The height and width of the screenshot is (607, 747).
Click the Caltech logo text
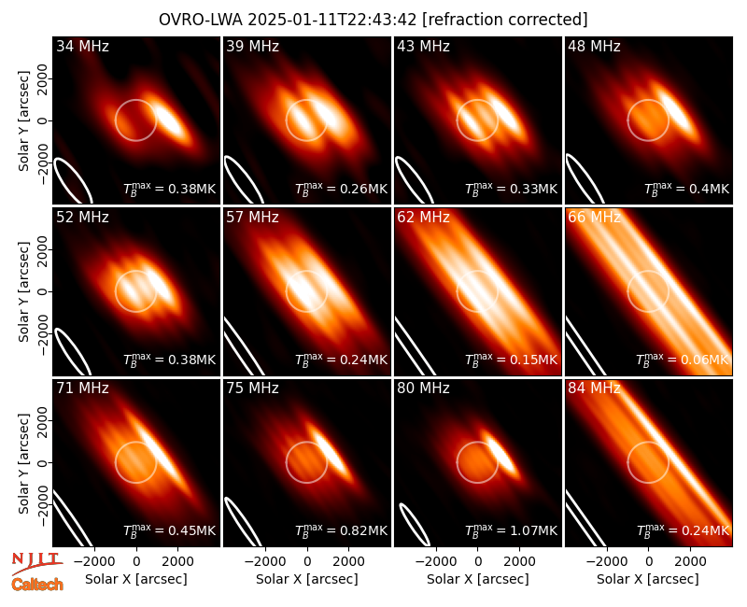[x=37, y=585]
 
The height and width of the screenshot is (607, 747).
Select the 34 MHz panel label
[x=82, y=46]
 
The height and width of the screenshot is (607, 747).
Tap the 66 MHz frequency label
[x=594, y=218]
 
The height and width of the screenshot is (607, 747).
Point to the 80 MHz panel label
[x=423, y=388]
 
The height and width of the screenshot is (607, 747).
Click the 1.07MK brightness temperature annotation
[x=511, y=529]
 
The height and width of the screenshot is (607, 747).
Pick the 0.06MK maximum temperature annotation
[x=683, y=359]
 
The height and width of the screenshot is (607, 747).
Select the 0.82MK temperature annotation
[x=341, y=529]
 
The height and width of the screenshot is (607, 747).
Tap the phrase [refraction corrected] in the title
[x=505, y=20]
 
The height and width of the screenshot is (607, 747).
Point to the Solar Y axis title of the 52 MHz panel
[x=23, y=291]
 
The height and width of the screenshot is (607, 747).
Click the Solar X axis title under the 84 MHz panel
[x=648, y=579]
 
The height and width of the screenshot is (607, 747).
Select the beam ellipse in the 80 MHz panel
[x=414, y=524]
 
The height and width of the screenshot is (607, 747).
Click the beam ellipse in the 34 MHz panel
[x=73, y=181]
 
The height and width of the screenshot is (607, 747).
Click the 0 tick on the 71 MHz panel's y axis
[x=43, y=462]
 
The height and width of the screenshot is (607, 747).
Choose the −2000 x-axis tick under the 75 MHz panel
[x=266, y=561]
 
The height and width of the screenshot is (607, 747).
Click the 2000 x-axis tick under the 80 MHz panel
[x=519, y=561]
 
